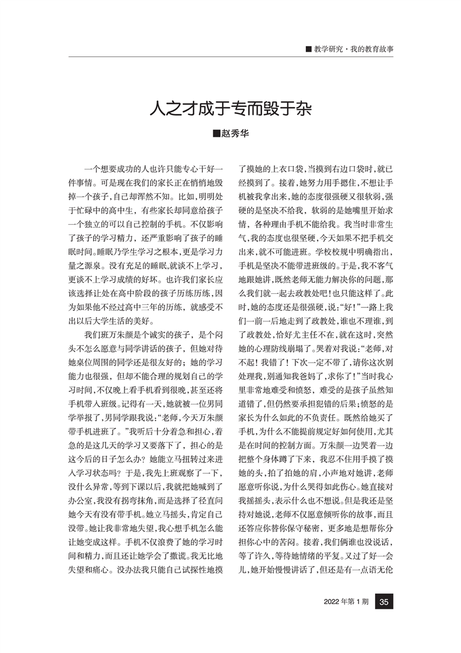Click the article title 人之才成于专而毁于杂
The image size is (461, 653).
click(x=230, y=108)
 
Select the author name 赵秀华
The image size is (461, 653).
click(x=235, y=133)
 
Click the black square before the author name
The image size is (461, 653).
click(x=217, y=133)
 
